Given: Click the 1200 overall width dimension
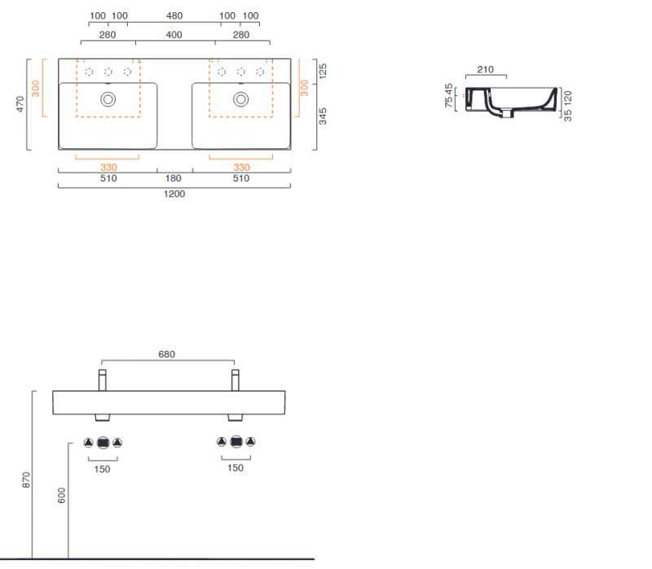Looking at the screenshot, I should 174,194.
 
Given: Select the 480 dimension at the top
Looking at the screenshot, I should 174,16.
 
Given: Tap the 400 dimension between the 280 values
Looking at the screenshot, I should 174,34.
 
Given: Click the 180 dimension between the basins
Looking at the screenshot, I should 174,178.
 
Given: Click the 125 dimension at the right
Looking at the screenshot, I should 323,71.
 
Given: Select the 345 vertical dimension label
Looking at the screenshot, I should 323,116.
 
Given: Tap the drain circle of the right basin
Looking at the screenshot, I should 241,99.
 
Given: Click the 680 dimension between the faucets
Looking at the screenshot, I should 167,354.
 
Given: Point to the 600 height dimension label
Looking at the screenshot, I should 61,497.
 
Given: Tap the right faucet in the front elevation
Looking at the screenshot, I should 235,379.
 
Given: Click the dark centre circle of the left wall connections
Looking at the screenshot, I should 103,443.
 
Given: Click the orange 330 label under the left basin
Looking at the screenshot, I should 108,168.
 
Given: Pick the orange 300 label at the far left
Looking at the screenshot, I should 35,87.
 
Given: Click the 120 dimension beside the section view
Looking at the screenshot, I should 568,97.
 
